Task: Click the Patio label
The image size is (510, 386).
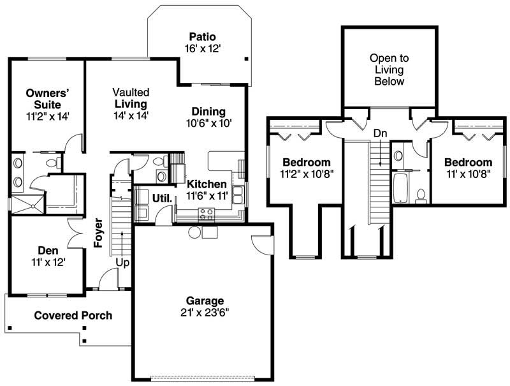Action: tap(202, 36)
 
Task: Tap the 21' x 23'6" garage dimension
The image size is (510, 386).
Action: tap(205, 313)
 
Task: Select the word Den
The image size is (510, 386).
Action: tap(48, 250)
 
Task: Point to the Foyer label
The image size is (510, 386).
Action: tap(98, 233)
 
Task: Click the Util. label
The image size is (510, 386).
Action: tap(162, 198)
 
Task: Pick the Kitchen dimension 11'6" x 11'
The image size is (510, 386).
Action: tap(207, 196)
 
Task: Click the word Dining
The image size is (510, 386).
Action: tap(208, 112)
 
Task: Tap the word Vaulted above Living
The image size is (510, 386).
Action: tap(131, 92)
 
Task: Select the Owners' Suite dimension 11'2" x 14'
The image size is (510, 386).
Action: tap(48, 116)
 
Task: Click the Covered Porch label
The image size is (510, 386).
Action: tap(73, 315)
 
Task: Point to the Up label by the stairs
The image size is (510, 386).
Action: tap(122, 263)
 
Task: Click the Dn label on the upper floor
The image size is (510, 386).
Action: tap(380, 133)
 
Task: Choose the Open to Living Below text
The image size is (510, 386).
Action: tap(389, 70)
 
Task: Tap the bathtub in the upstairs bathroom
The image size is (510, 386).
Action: tap(400, 188)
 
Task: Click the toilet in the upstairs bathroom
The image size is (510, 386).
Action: tap(421, 196)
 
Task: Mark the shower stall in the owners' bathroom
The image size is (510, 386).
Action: tap(27, 204)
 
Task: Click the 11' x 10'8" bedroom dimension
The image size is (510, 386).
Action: tap(469, 174)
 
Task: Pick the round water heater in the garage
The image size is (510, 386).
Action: tap(194, 232)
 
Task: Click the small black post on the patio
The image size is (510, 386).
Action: tap(247, 59)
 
